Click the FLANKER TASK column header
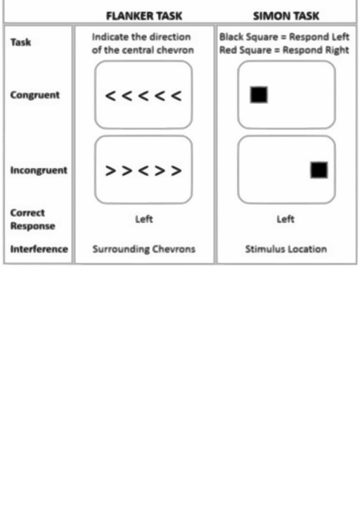(x=144, y=16)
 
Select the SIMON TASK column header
(x=286, y=16)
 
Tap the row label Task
(x=21, y=42)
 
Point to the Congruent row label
(x=35, y=95)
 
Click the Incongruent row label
(x=39, y=170)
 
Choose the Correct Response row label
(x=33, y=219)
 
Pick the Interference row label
(x=39, y=249)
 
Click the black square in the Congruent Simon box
(x=259, y=95)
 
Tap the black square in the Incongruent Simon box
(x=319, y=170)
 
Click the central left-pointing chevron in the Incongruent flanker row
(x=143, y=170)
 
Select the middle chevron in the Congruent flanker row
(x=143, y=96)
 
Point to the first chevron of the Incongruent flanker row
(x=110, y=170)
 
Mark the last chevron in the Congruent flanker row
(x=176, y=96)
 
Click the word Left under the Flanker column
(x=144, y=219)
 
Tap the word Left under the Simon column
(x=285, y=219)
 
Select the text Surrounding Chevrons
(x=144, y=249)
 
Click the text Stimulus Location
(x=286, y=249)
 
